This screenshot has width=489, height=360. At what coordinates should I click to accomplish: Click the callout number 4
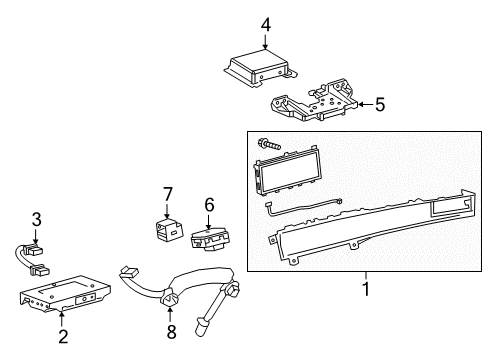[266, 25]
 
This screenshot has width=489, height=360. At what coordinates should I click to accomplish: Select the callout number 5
[380, 104]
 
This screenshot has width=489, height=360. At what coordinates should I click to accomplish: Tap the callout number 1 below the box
[366, 289]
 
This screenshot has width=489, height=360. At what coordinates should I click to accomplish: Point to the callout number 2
[63, 336]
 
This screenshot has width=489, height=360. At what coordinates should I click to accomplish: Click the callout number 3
[36, 219]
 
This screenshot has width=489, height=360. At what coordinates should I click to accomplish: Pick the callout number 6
[209, 204]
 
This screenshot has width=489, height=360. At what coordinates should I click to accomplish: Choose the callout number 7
[167, 194]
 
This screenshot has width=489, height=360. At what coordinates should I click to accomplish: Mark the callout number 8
[171, 332]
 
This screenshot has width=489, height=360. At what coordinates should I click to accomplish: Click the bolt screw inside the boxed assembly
[269, 144]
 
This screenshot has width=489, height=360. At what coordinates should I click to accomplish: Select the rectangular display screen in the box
[287, 170]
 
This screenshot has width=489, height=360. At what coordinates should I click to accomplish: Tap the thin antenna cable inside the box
[302, 207]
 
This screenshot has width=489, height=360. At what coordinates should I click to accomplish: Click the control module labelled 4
[260, 68]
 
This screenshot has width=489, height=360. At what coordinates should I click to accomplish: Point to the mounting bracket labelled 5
[314, 100]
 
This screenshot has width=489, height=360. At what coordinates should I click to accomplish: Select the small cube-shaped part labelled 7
[169, 230]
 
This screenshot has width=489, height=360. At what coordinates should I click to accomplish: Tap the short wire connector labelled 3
[31, 260]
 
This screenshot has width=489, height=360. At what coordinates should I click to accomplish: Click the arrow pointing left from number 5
[366, 105]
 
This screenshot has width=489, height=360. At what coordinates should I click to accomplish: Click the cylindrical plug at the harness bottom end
[201, 327]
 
